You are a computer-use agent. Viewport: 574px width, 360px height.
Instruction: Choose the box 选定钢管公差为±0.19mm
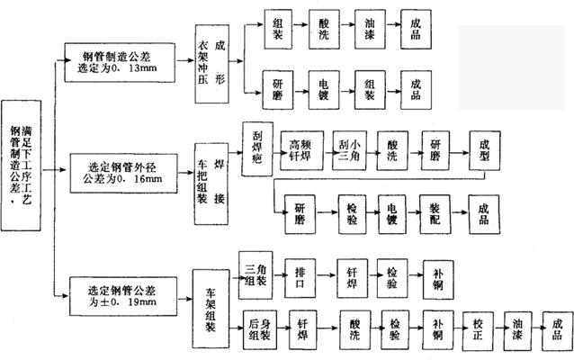pyautogui.click(x=125, y=295)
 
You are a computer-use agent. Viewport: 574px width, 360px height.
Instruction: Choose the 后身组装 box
pyautogui.click(x=261, y=328)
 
